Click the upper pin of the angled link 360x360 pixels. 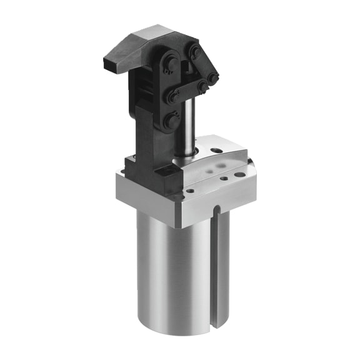pyautogui.click(x=196, y=53)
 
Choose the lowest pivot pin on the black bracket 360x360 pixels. pyautogui.click(x=169, y=121)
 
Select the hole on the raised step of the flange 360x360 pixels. pyautogui.click(x=217, y=150)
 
